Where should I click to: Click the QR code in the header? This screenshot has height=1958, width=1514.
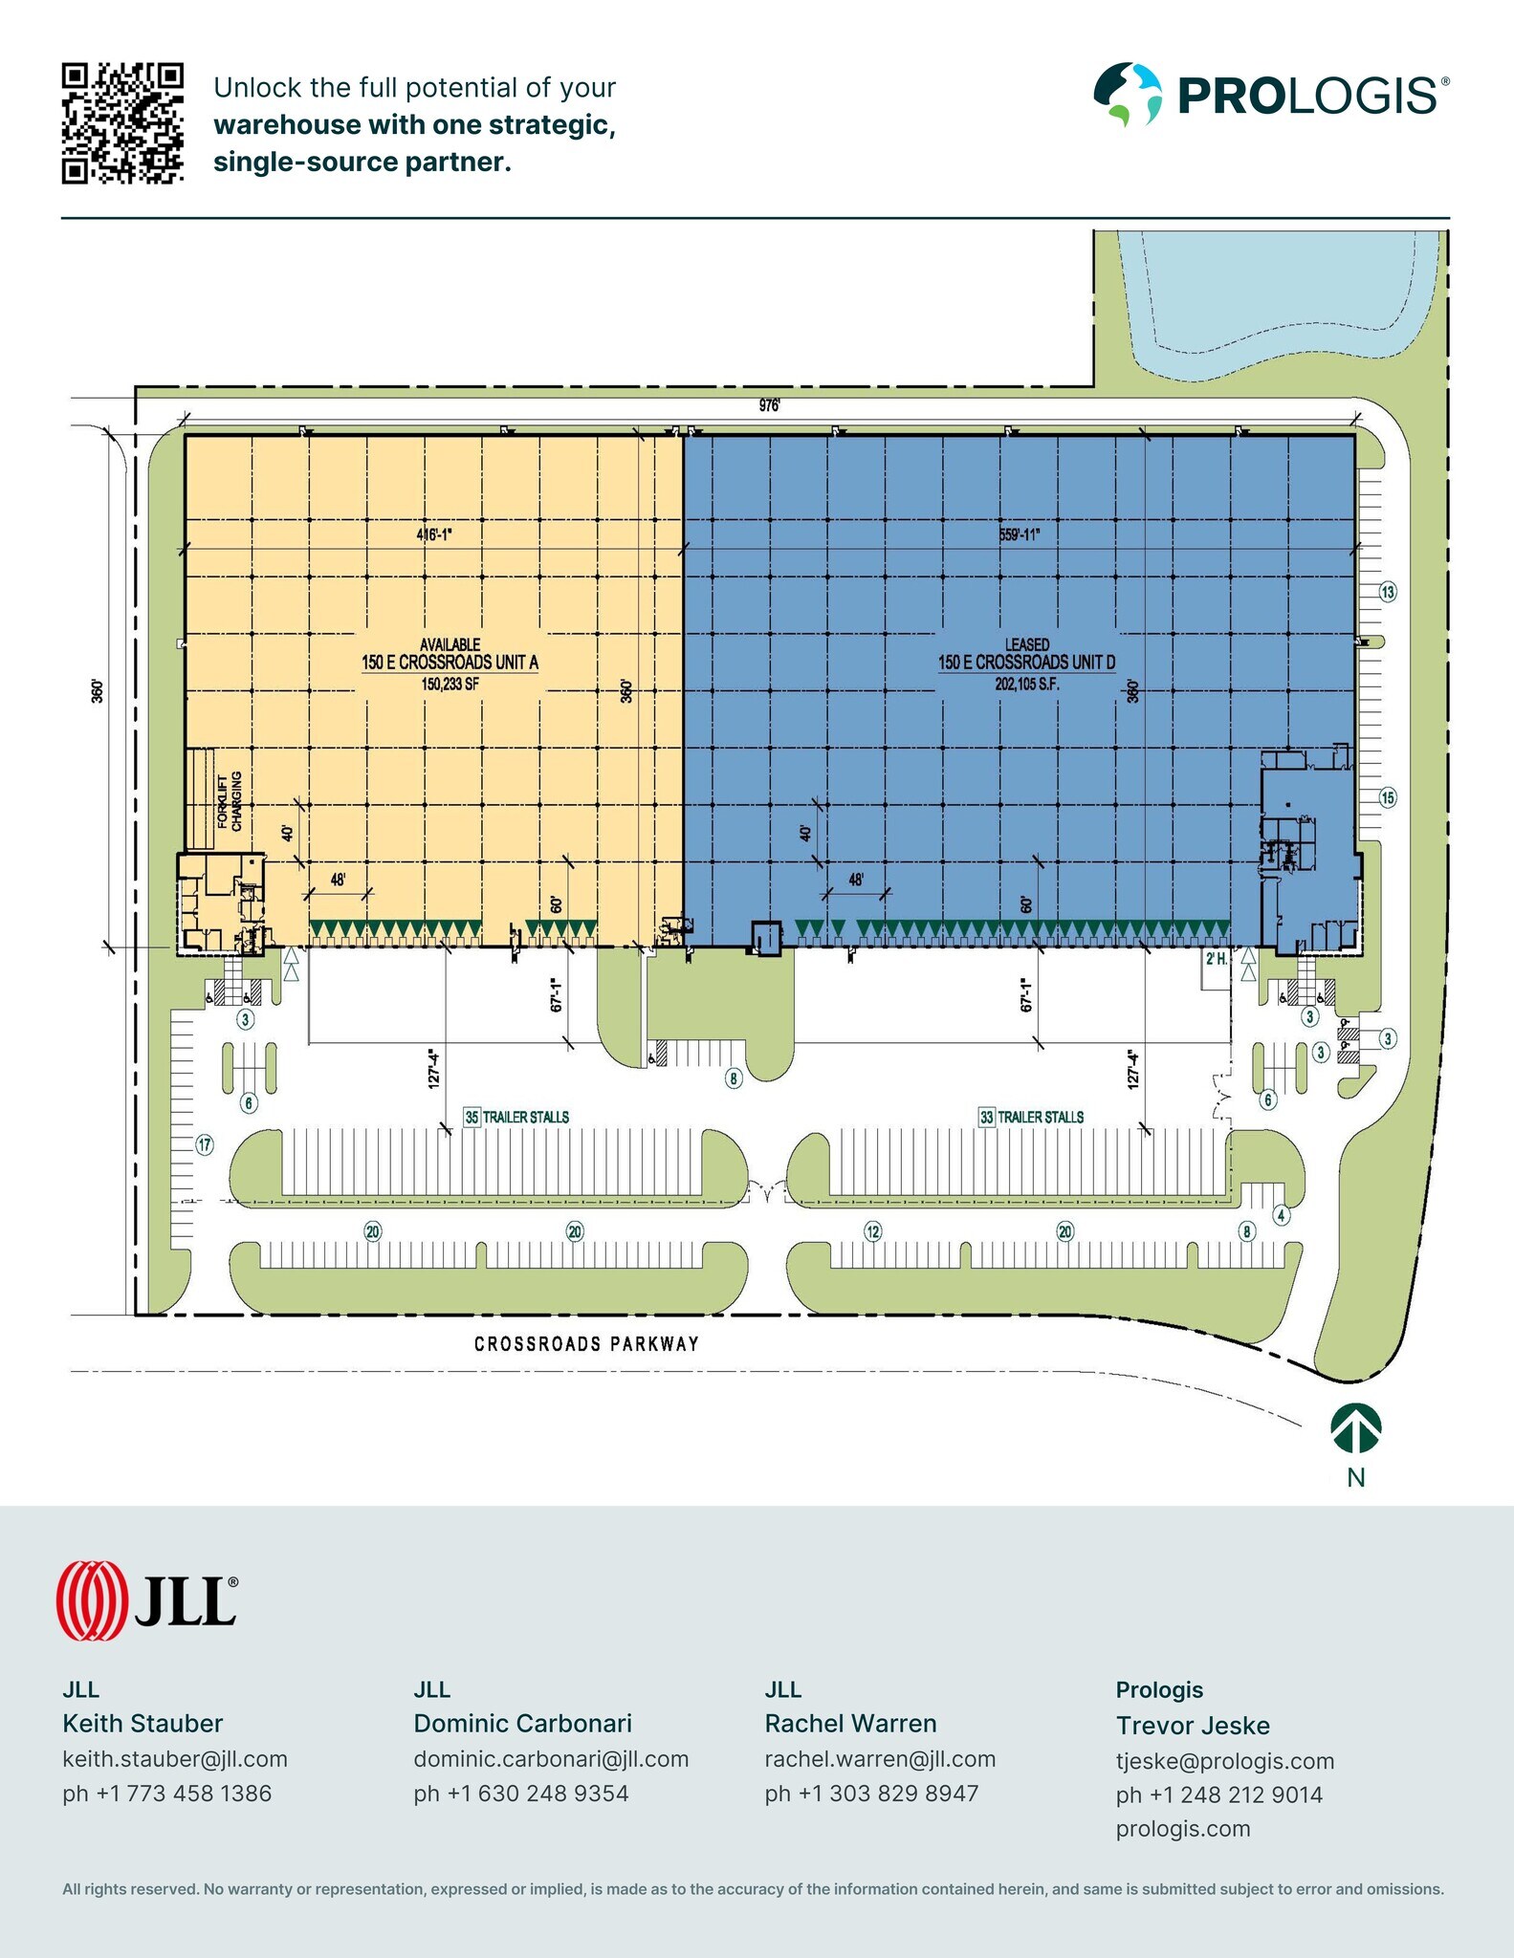122,123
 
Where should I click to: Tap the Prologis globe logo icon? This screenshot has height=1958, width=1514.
1128,95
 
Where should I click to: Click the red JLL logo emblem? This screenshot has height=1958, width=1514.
92,1600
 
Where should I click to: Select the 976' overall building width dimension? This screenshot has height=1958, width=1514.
770,405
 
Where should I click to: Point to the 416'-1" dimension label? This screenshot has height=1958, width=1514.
433,534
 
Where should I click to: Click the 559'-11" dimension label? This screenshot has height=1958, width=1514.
1019,534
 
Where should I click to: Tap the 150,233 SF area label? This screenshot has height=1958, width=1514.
450,684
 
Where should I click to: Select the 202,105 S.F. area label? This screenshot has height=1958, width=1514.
1026,684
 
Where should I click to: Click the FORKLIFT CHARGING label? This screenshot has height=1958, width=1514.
229,801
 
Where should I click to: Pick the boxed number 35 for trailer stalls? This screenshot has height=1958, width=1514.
472,1117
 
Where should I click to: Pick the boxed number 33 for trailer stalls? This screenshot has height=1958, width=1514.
986,1117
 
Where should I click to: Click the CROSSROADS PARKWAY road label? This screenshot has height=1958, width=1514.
586,1343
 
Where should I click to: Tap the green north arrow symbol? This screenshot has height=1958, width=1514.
1355,1429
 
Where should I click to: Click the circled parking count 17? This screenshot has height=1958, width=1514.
205,1144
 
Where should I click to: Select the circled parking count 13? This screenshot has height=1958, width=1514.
1388,592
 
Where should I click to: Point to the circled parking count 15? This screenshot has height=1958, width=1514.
1388,797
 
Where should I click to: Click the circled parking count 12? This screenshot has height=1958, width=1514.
872,1231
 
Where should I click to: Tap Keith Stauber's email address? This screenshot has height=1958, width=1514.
175,1758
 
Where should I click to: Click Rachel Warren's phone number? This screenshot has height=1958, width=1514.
871,1793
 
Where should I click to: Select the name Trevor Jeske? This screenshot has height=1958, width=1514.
1193,1725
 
